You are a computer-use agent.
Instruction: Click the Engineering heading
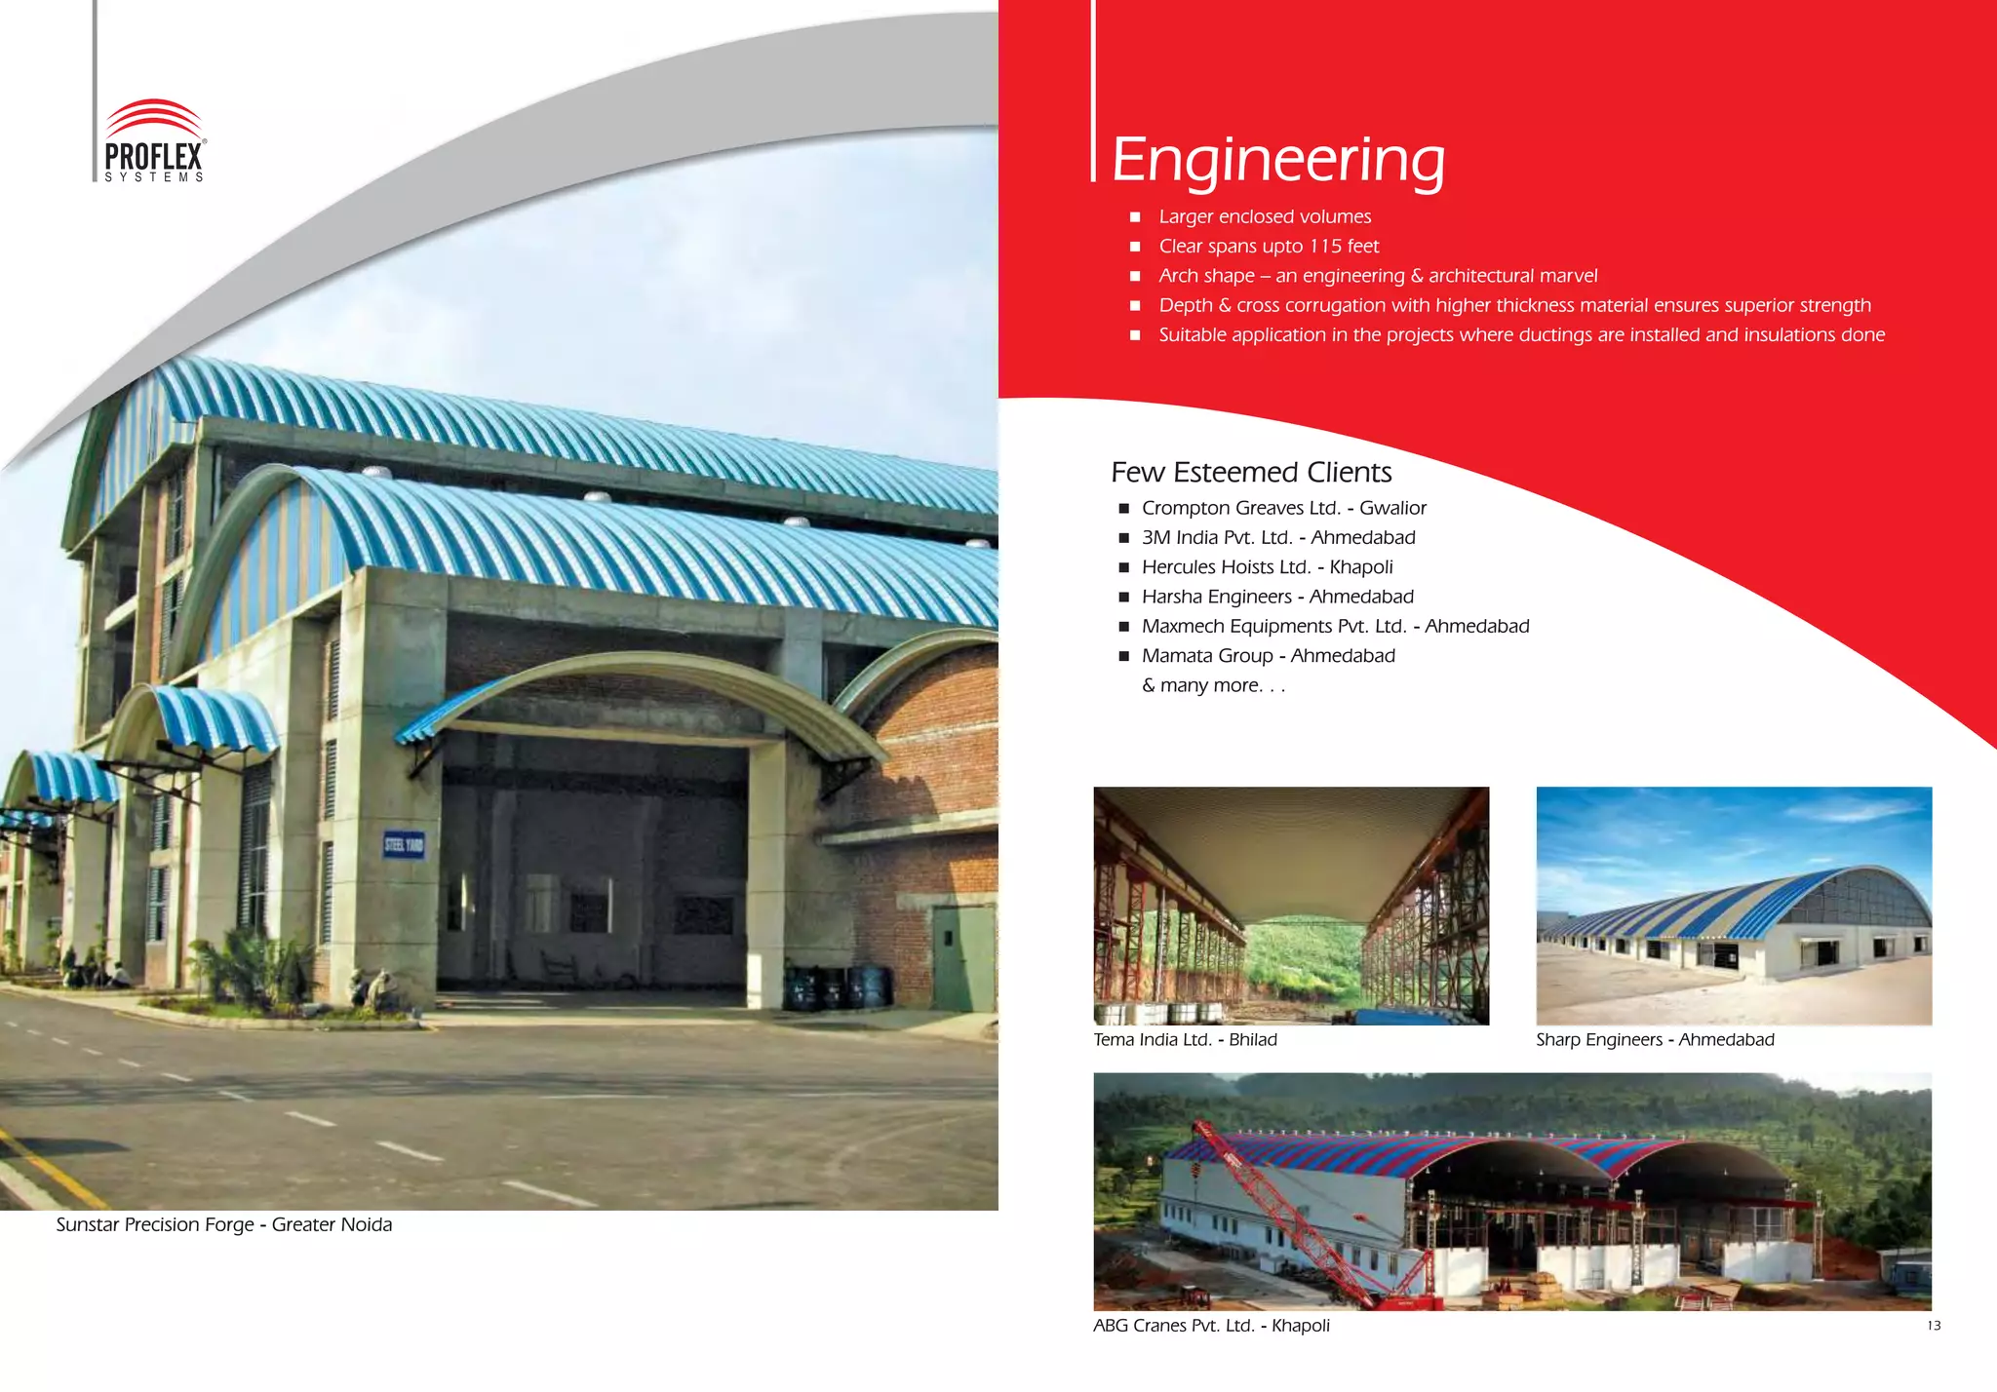[1277, 159]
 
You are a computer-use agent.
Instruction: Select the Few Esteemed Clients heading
[1251, 473]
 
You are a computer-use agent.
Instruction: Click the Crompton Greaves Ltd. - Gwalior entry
[1283, 508]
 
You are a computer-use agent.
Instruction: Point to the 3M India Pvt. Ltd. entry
[1277, 538]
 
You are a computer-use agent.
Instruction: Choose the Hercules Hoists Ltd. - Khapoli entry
[1267, 567]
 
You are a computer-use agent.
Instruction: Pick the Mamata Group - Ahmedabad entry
[1268, 656]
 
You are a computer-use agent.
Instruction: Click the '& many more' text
[1213, 686]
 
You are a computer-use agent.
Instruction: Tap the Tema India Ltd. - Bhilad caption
[1185, 1040]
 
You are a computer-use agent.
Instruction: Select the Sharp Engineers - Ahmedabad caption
[1655, 1040]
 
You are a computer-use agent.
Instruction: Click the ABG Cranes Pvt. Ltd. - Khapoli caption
[1211, 1326]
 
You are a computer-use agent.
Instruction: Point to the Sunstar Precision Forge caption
[224, 1225]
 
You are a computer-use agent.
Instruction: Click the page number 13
[1934, 1326]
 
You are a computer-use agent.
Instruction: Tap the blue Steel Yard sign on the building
[404, 845]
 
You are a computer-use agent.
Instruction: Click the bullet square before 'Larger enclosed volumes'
[1135, 217]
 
